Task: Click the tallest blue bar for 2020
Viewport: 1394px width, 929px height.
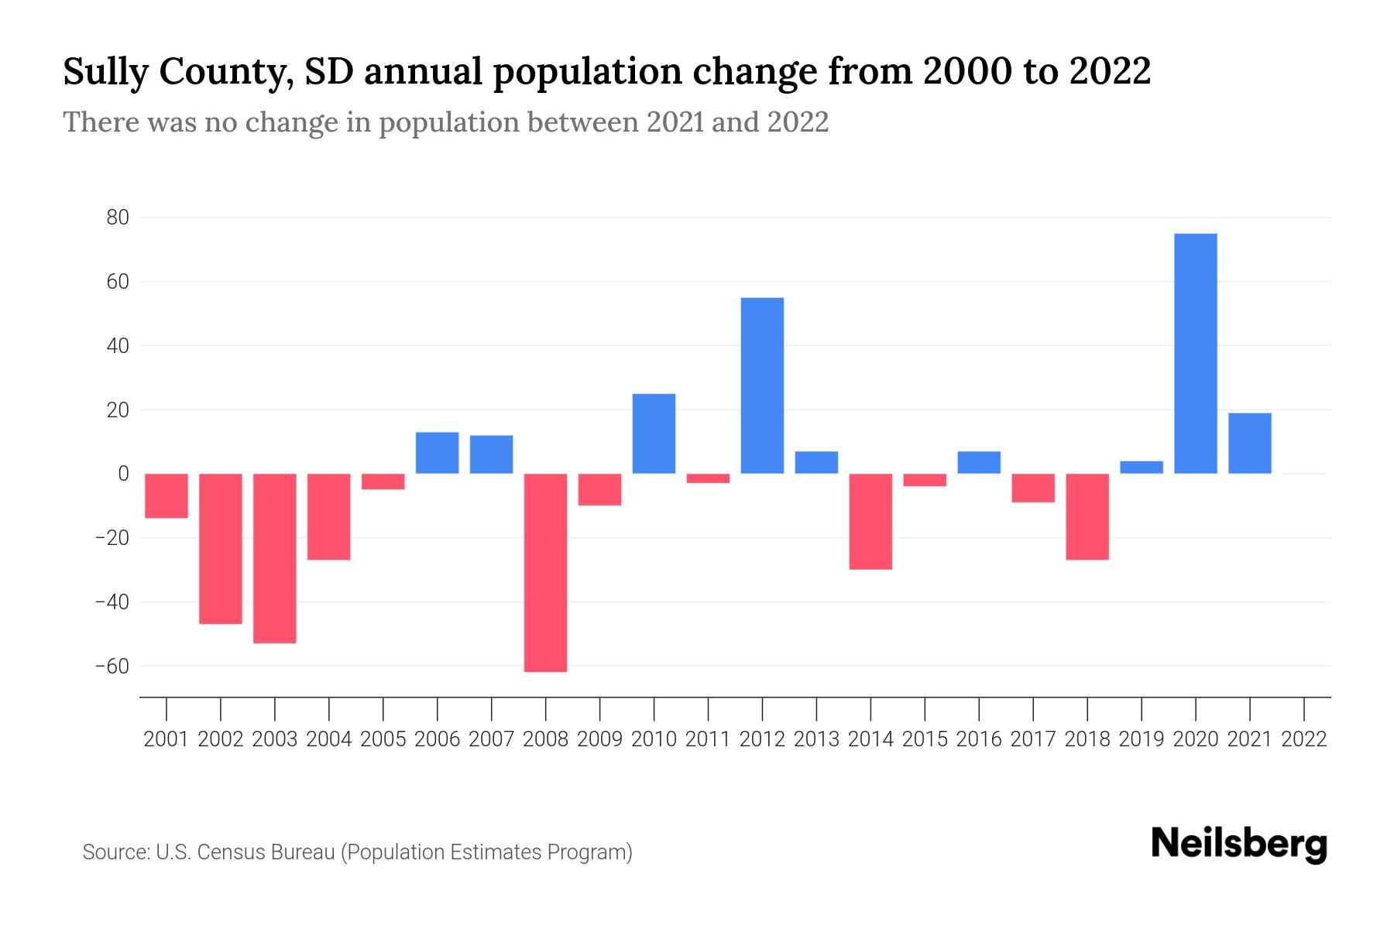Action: [x=1195, y=353]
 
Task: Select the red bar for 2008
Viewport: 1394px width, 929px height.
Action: [x=545, y=573]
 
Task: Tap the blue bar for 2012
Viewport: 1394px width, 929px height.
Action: [x=762, y=386]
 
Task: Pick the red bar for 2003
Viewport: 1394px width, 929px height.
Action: [x=275, y=558]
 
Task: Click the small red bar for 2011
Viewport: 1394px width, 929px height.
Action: [x=708, y=478]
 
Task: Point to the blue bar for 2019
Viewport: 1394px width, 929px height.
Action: [x=1141, y=468]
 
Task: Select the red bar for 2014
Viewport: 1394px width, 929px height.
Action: [x=870, y=521]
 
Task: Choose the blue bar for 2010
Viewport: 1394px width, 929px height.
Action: [x=654, y=434]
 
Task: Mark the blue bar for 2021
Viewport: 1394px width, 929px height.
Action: [x=1249, y=443]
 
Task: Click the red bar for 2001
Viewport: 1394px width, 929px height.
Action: [x=167, y=495]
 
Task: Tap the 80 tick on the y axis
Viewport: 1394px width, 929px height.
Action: [x=118, y=218]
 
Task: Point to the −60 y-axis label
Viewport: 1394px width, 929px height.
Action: [x=112, y=666]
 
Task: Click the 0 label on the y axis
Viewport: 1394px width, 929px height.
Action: [x=123, y=473]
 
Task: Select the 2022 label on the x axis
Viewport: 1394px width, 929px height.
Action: [x=1304, y=739]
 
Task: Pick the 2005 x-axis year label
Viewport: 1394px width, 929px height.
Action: [x=383, y=739]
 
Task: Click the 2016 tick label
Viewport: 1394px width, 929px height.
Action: [x=979, y=739]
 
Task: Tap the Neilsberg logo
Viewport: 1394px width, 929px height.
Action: [x=1239, y=845]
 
